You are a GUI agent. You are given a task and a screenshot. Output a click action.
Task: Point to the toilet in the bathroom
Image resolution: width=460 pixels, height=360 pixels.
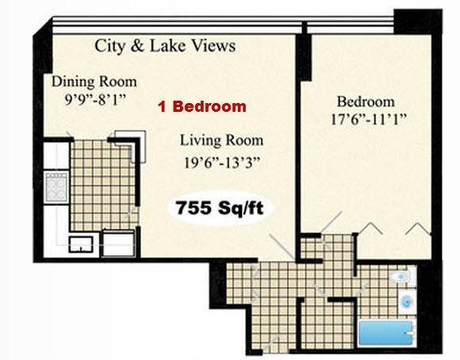pyautogui.click(x=402, y=277)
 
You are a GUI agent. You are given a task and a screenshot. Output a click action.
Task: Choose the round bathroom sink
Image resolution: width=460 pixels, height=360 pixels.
pyautogui.click(x=406, y=302)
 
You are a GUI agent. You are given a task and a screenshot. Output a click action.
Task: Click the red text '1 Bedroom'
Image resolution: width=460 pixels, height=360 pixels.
pyautogui.click(x=201, y=106)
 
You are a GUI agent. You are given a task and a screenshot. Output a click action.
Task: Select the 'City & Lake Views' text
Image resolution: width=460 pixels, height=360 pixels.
pyautogui.click(x=165, y=46)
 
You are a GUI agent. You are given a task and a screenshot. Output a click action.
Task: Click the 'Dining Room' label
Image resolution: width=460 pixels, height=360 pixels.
pyautogui.click(x=94, y=82)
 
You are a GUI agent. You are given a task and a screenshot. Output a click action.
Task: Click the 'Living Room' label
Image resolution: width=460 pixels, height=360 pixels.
pyautogui.click(x=221, y=141)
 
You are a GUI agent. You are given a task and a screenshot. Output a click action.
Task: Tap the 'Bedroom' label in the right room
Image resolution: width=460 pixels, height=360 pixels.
pyautogui.click(x=366, y=102)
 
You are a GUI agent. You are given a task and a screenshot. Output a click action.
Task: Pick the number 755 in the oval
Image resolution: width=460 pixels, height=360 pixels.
pyautogui.click(x=193, y=209)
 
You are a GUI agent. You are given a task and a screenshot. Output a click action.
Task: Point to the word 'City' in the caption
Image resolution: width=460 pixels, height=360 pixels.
pyautogui.click(x=111, y=46)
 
